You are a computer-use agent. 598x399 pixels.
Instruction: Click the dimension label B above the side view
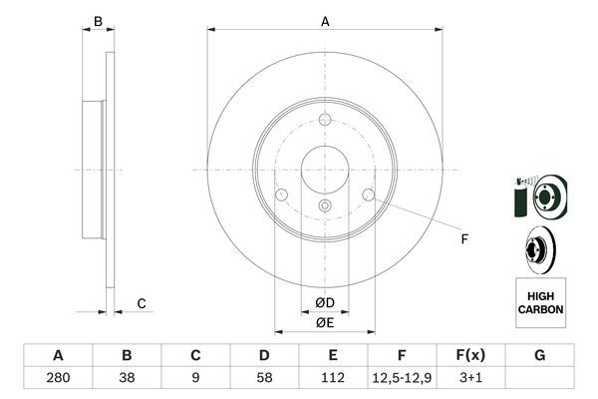[x=97, y=21]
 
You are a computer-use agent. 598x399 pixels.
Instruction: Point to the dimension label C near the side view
[x=142, y=303]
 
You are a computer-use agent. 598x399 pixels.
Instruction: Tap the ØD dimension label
[x=325, y=302]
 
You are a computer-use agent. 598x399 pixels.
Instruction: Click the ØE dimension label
[x=325, y=321]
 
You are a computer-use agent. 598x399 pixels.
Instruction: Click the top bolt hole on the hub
[x=325, y=121]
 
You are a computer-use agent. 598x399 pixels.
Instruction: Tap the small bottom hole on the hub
[x=325, y=205]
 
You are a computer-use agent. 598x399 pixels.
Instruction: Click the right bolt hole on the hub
[x=368, y=194]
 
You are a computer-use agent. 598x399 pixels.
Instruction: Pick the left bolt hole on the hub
[x=282, y=194]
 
